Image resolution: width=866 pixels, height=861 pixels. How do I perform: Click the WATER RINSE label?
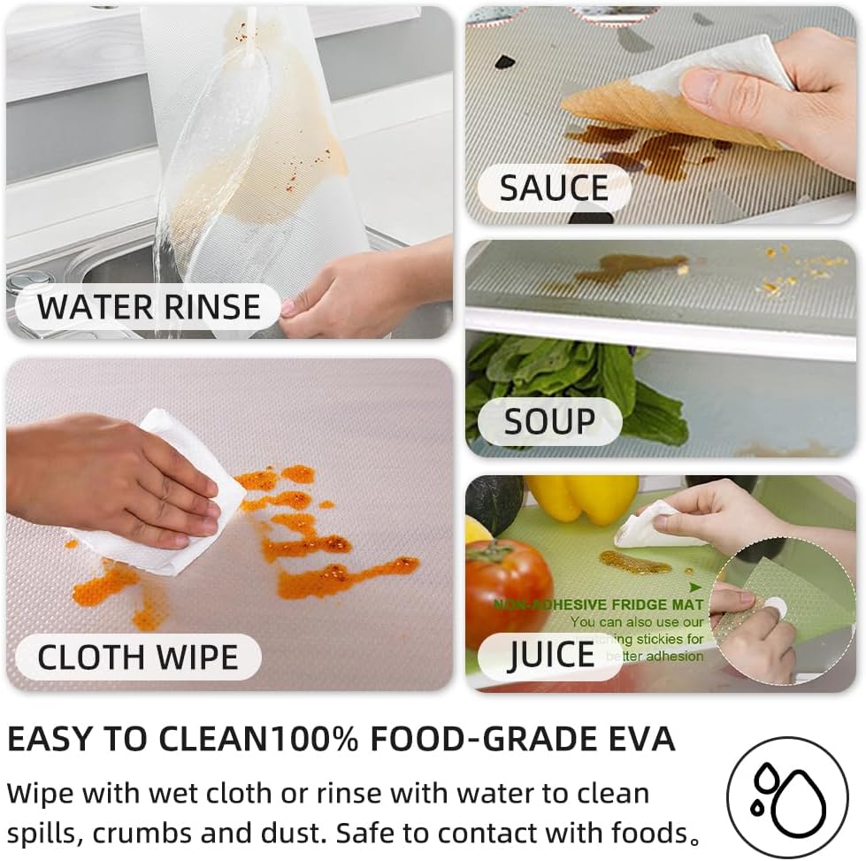pyautogui.click(x=149, y=307)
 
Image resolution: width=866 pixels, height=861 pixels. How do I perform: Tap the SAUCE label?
pyautogui.click(x=554, y=188)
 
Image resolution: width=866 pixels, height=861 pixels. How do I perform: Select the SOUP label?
pyautogui.click(x=549, y=421)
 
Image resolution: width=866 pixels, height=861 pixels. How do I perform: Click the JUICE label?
pyautogui.click(x=551, y=655)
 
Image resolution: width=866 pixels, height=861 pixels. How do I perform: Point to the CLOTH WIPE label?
pyautogui.click(x=138, y=657)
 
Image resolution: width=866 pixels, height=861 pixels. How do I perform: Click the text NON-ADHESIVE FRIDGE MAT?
pyautogui.click(x=599, y=604)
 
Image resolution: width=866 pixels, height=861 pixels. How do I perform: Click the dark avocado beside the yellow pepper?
pyautogui.click(x=494, y=503)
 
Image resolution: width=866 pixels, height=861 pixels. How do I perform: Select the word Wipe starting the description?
pyautogui.click(x=44, y=792)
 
